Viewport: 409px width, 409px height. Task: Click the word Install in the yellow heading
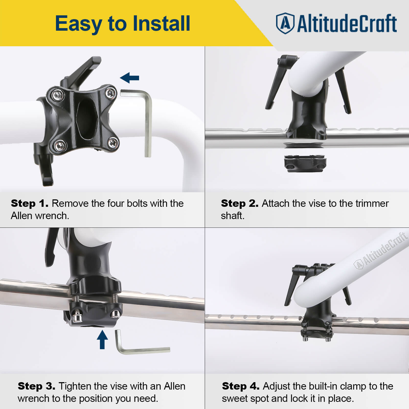coord(161,24)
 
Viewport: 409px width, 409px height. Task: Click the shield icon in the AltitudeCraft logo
coord(285,23)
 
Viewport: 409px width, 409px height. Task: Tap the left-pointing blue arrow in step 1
coord(130,78)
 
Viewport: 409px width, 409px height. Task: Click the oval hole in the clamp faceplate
coord(87,119)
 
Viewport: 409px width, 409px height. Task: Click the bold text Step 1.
coord(30,203)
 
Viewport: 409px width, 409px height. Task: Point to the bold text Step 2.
coord(240,203)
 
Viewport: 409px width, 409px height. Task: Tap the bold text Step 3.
coord(36,386)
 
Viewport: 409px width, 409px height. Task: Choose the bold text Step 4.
coord(241,386)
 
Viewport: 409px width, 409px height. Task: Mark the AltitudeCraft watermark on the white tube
coord(380,251)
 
